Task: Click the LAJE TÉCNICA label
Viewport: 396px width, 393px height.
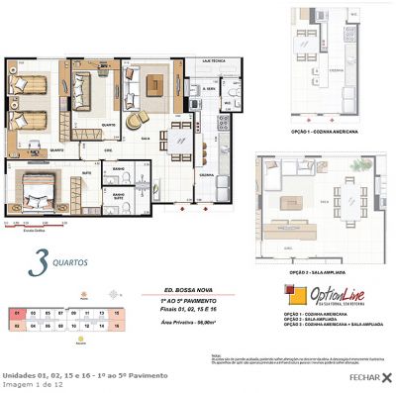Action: click(x=210, y=62)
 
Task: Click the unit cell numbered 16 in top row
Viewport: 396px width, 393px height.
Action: click(x=116, y=312)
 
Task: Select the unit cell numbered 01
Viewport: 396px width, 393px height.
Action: click(x=19, y=312)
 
